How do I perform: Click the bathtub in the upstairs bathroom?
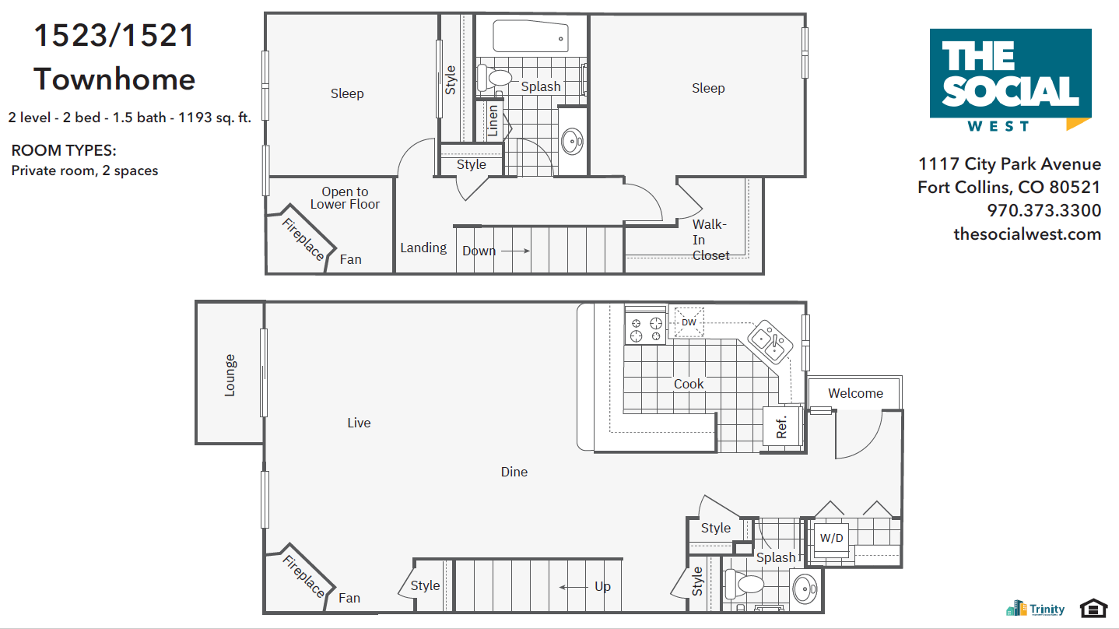click(x=531, y=37)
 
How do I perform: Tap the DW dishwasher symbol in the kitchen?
click(x=689, y=322)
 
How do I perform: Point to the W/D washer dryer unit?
click(x=832, y=537)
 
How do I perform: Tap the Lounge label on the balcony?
click(x=230, y=375)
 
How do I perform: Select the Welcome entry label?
click(x=855, y=393)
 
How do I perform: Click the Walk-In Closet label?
click(x=711, y=240)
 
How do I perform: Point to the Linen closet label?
click(x=493, y=121)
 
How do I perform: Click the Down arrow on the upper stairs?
click(x=514, y=251)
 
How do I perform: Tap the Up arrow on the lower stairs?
click(x=574, y=587)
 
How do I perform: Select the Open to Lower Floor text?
click(x=345, y=198)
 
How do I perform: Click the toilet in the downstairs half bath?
click(x=745, y=583)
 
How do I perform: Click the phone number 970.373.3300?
click(x=1044, y=210)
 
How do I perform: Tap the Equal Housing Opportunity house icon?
click(x=1093, y=608)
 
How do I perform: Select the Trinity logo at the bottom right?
click(x=1036, y=609)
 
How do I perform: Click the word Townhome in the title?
click(x=114, y=79)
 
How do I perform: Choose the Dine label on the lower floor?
click(x=514, y=472)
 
